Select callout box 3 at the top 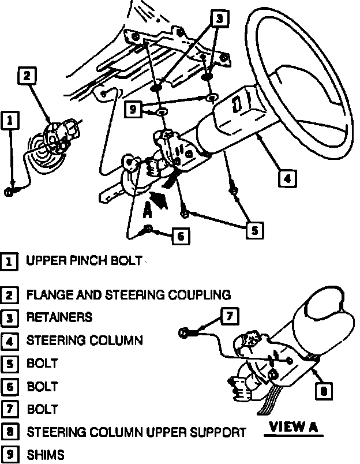pos(219,19)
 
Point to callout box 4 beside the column pos(288,178)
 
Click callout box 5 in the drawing pos(254,230)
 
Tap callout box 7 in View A pos(229,316)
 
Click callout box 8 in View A pos(324,391)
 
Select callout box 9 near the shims pos(134,109)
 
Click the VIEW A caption pos(294,428)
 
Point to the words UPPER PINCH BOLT pos(84,261)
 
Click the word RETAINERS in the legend pos(59,317)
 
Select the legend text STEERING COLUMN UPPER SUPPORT pos(136,432)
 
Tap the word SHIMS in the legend pos(46,454)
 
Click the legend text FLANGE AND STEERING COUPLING pos(129,295)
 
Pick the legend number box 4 pos(9,340)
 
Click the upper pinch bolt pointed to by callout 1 pos(9,193)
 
